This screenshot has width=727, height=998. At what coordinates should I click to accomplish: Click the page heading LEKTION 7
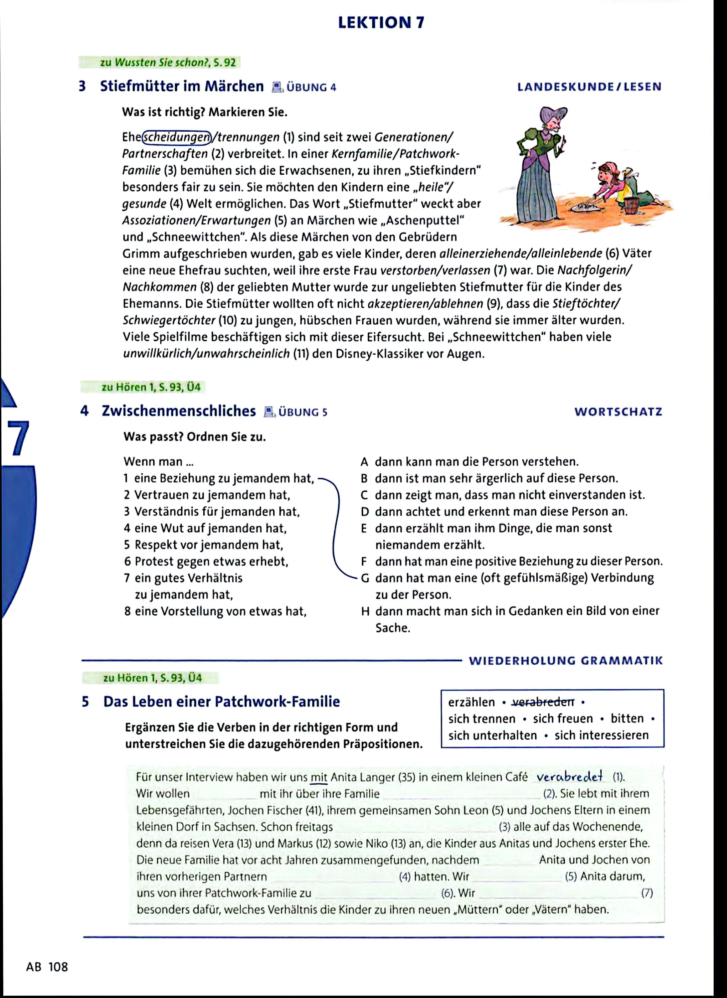pyautogui.click(x=381, y=22)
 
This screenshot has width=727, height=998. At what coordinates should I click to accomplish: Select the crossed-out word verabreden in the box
pyautogui.click(x=543, y=702)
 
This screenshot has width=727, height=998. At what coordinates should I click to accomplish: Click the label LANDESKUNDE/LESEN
pyautogui.click(x=589, y=87)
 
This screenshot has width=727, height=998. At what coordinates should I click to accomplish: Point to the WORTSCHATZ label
pyautogui.click(x=618, y=412)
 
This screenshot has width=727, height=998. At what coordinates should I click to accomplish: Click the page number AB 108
pyautogui.click(x=47, y=967)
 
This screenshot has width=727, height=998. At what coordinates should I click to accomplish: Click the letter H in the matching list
pyautogui.click(x=365, y=611)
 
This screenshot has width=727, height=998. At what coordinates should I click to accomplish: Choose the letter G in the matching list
pyautogui.click(x=365, y=578)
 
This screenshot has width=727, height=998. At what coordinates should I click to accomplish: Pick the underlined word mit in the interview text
pyautogui.click(x=319, y=777)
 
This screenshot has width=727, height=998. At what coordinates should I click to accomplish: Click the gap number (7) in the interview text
pyautogui.click(x=647, y=893)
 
